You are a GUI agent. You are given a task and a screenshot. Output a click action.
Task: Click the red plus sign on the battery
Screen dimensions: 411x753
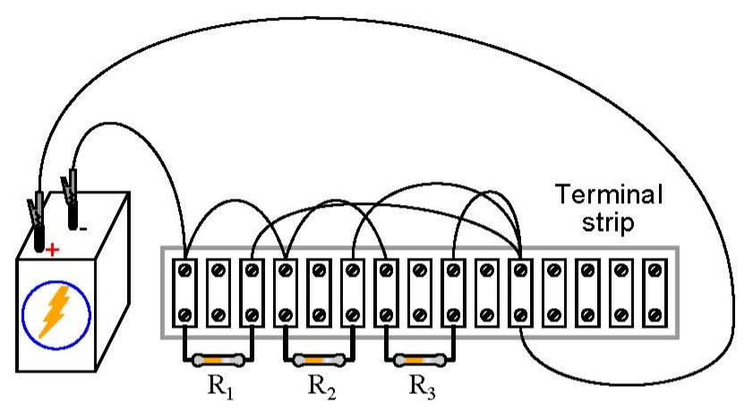(53, 249)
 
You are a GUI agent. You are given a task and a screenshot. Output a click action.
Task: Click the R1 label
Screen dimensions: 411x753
(218, 387)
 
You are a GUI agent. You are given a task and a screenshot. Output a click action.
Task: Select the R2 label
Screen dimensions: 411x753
(320, 387)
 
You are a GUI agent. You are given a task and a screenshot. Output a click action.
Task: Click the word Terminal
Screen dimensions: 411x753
(609, 194)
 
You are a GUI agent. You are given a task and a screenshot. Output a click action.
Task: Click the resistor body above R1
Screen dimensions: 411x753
(218, 361)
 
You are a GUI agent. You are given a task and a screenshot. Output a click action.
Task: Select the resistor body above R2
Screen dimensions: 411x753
(320, 361)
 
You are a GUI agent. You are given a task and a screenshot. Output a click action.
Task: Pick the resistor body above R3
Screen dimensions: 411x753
(421, 361)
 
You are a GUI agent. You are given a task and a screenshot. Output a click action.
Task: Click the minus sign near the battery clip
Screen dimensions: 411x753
(82, 228)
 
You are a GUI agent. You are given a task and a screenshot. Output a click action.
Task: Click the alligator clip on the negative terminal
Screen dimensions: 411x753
(70, 191)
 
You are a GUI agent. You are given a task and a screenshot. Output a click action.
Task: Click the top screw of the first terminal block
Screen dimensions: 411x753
(185, 270)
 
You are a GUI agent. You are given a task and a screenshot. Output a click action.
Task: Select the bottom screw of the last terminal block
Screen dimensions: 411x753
(655, 314)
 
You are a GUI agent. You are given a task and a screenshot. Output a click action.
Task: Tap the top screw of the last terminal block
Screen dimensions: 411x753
(655, 270)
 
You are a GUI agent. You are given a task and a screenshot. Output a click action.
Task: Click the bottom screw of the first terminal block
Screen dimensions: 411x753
(185, 314)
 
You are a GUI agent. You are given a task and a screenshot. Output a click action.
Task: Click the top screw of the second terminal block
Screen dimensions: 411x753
(218, 270)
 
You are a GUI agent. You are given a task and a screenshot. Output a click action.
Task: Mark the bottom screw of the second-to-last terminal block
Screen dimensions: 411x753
(621, 314)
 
